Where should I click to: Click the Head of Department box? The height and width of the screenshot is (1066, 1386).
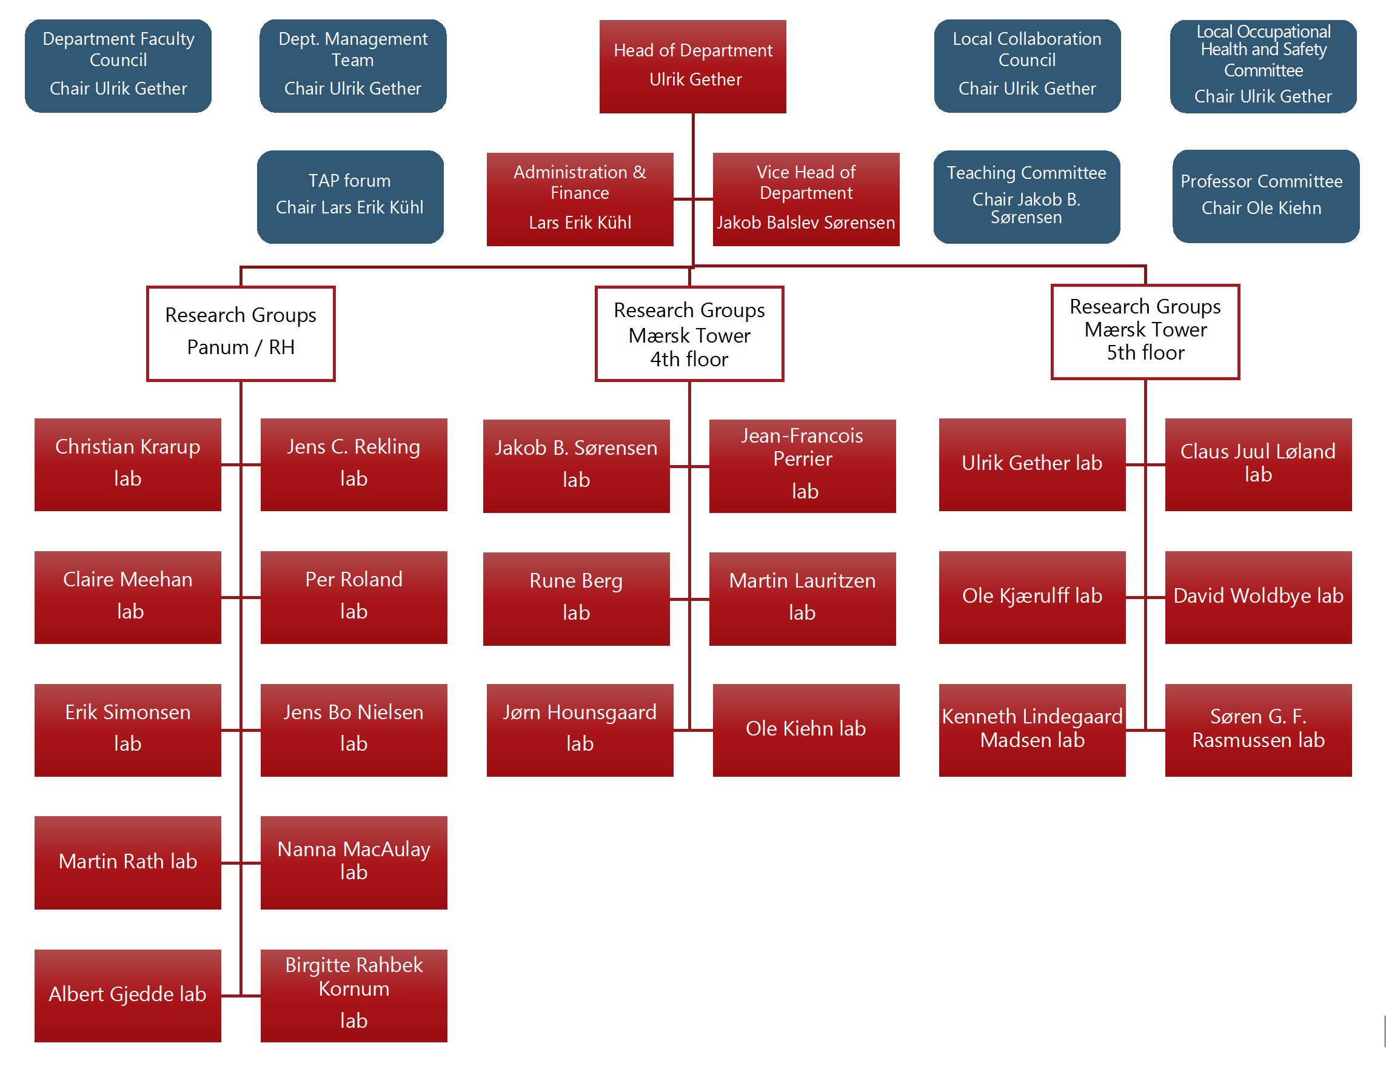coord(692,66)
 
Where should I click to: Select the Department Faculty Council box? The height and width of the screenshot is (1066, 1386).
coord(118,66)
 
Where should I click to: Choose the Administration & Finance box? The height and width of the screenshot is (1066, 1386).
coord(579,199)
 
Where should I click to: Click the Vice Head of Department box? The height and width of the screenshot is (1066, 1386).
coord(806,199)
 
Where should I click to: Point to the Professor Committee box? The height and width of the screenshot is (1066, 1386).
coord(1265,196)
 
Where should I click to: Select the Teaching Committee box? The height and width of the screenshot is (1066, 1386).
coord(1026,196)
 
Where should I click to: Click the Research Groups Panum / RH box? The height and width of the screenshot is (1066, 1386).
coord(241,333)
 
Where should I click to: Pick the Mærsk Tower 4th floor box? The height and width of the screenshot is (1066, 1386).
coord(689,334)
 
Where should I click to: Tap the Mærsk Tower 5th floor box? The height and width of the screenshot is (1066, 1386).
coord(1144,332)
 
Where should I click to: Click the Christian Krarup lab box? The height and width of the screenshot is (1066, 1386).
coord(127,464)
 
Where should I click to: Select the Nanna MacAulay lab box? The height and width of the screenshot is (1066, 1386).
coord(353,862)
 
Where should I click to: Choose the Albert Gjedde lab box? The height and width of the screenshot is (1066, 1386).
coord(127,995)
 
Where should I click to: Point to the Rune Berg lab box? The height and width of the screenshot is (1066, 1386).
coord(575,598)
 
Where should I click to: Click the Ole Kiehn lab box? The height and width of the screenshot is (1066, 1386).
coord(806,729)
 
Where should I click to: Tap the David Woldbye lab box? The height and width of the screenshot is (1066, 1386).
coord(1257,597)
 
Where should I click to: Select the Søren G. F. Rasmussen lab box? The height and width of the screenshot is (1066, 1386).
coord(1257,729)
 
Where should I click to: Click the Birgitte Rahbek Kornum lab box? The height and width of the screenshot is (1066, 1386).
coord(353,995)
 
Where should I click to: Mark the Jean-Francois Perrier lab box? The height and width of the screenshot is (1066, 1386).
coord(802,465)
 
